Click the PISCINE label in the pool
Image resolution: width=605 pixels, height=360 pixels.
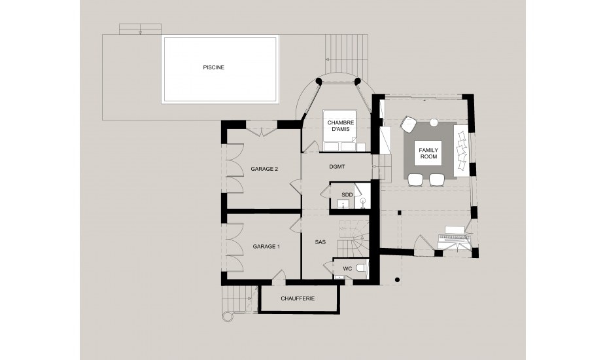(213, 67)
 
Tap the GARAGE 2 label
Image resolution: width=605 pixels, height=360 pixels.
(264, 169)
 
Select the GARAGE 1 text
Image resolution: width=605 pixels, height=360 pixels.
(266, 246)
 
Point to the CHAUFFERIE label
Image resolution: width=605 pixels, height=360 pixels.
(298, 298)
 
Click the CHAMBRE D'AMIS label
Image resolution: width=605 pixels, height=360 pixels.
(340, 126)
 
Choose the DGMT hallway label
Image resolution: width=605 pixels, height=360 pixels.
(337, 166)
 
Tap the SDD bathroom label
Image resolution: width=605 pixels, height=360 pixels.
(347, 194)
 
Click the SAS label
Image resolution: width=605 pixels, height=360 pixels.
(320, 242)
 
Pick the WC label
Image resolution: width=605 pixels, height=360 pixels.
(347, 268)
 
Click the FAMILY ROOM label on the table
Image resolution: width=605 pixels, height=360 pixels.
(428, 153)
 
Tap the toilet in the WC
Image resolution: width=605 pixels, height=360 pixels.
(361, 268)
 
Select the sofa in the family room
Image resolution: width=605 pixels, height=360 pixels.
(462, 151)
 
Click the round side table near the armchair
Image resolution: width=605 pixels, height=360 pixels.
(434, 122)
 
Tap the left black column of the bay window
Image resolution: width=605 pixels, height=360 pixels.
(319, 81)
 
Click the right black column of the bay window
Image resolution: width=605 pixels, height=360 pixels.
(357, 81)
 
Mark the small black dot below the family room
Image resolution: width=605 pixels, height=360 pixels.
(397, 279)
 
